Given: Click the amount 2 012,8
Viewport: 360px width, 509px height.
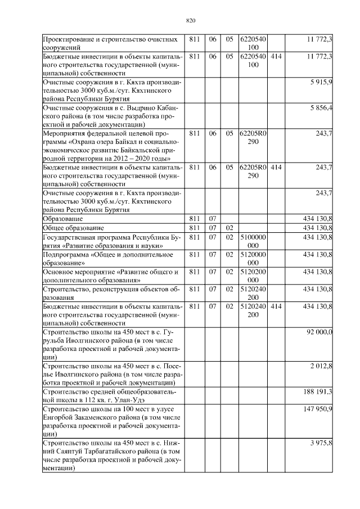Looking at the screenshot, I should coord(321,366).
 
